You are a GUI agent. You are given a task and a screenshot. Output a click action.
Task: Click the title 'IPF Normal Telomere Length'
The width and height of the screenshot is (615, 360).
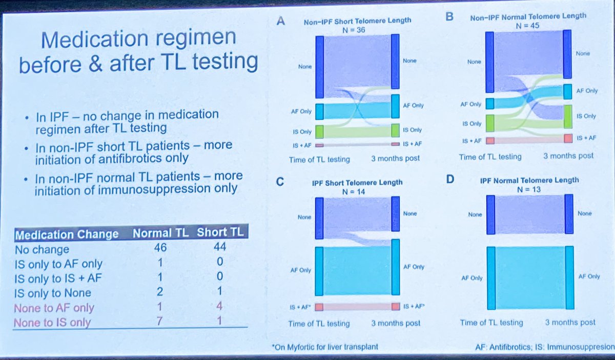[x=528, y=180]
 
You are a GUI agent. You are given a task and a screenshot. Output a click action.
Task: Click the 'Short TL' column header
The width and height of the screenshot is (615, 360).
[x=222, y=233]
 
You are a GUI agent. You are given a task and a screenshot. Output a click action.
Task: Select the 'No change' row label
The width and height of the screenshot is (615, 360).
[x=42, y=249]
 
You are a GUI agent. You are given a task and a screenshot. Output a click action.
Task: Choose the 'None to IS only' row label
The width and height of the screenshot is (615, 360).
[x=52, y=323]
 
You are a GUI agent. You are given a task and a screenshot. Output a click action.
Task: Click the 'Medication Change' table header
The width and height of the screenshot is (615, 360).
[x=67, y=234]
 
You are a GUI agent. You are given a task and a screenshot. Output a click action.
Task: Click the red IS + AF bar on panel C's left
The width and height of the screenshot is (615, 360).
[x=319, y=307]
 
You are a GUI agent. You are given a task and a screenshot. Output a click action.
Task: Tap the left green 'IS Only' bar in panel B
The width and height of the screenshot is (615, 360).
[x=490, y=123]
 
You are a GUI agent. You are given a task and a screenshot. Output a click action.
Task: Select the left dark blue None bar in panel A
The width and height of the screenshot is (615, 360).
[x=319, y=66]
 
